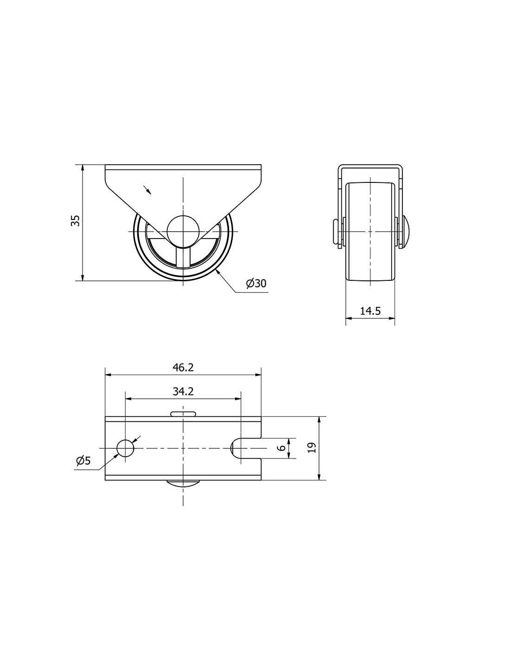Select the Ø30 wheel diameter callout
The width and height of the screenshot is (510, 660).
(256, 284)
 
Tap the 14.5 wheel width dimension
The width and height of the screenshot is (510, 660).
(370, 311)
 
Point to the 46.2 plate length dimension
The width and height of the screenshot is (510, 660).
(183, 368)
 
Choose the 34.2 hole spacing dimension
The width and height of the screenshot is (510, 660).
(183, 392)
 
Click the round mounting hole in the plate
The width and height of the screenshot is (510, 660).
(125, 448)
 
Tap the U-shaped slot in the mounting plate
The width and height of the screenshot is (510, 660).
(246, 448)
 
